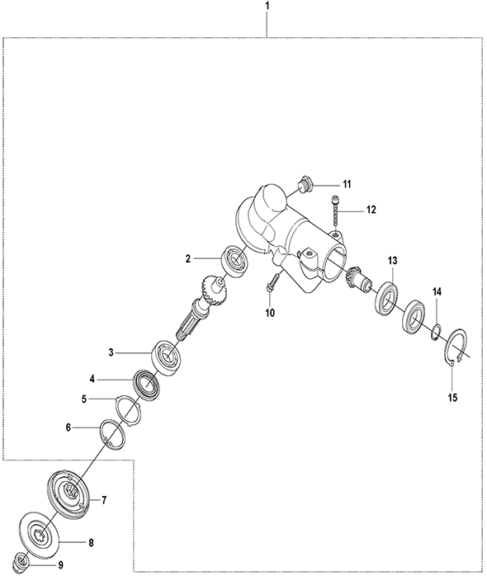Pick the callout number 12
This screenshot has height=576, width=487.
pos(371,210)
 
